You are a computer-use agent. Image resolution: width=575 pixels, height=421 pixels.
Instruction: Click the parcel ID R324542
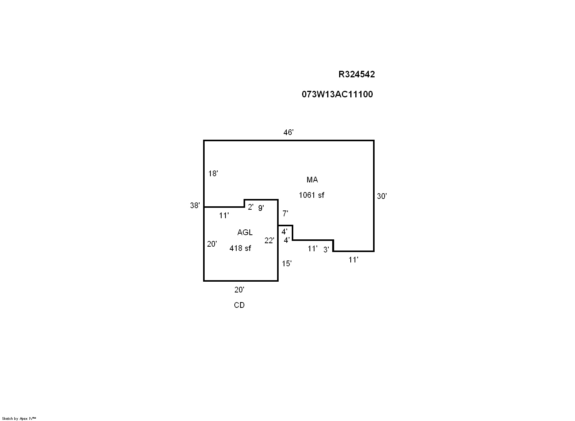[x=356, y=75]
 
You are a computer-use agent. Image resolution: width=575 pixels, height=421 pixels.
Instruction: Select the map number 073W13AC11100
[x=337, y=94]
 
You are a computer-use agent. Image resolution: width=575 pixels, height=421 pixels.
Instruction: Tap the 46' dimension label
[x=289, y=133]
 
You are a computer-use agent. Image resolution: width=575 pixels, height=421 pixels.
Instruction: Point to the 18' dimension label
[x=213, y=174]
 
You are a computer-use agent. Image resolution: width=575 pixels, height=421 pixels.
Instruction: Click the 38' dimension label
[x=195, y=205]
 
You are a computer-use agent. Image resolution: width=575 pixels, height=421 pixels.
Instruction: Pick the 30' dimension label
[x=382, y=196]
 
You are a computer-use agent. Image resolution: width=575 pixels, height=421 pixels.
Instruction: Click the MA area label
[x=312, y=180]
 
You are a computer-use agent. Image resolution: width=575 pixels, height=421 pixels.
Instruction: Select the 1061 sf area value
[x=311, y=195]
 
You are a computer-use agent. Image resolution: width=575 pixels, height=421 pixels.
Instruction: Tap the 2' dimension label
[x=251, y=207]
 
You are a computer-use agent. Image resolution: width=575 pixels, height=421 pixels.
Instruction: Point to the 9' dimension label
[x=261, y=208]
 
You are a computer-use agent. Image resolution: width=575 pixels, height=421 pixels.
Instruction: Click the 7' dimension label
[x=285, y=214]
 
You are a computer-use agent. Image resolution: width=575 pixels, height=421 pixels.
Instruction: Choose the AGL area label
[x=245, y=232]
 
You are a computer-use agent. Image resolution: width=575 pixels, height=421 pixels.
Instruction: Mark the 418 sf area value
[x=240, y=248]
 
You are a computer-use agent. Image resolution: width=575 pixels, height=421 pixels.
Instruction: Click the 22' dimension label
[x=269, y=241]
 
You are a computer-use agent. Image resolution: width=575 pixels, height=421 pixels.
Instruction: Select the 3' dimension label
[x=326, y=250]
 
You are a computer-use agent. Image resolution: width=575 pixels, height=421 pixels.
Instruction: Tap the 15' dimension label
[x=287, y=264]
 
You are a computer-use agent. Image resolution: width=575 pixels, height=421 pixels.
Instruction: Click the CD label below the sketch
[x=239, y=305]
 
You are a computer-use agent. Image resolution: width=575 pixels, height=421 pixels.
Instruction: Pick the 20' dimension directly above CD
[x=239, y=290]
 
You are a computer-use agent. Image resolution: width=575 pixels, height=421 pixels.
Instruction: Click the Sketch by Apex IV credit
[x=19, y=418]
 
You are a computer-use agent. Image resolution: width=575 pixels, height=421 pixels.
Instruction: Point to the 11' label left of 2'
[x=224, y=216]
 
